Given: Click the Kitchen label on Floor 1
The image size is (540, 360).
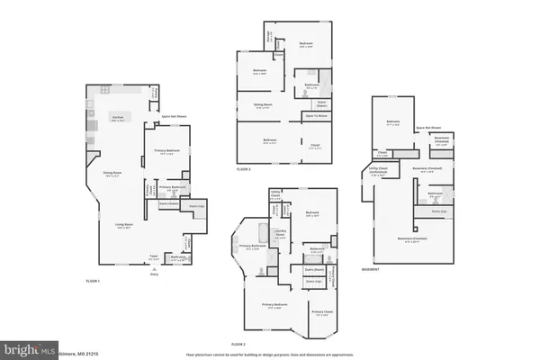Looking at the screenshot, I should pyautogui.click(x=116, y=119).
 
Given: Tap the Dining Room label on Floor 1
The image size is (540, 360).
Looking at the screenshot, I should pyautogui.click(x=112, y=176).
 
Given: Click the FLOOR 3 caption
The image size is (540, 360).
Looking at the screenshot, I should pyautogui.click(x=244, y=168).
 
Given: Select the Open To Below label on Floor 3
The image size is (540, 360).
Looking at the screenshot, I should pyautogui.click(x=315, y=116).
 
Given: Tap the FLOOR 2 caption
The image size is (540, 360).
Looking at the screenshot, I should pyautogui.click(x=238, y=345).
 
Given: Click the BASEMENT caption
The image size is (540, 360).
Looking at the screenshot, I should pyautogui.click(x=369, y=269).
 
